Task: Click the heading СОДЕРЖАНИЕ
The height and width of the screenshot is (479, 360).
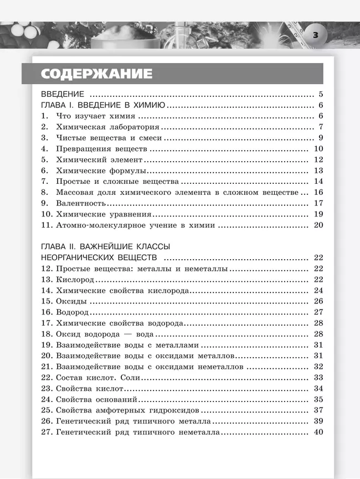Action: pyautogui.click(x=96, y=73)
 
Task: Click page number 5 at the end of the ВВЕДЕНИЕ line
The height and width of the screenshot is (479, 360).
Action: pyautogui.click(x=320, y=94)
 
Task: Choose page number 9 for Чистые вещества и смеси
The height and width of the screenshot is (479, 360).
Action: pyautogui.click(x=320, y=138)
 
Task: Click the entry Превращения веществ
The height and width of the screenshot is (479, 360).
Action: pyautogui.click(x=101, y=149)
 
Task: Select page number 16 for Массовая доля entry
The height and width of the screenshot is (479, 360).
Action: pyautogui.click(x=318, y=192)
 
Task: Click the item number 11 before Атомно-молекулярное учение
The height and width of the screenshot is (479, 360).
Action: pyautogui.click(x=47, y=225)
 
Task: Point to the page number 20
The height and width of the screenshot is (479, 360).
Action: pyautogui.click(x=318, y=225)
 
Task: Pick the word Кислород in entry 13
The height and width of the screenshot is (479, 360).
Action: pyautogui.click(x=75, y=280)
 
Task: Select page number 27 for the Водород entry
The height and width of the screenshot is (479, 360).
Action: pyautogui.click(x=318, y=312)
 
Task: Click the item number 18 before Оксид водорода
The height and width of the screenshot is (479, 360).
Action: pyautogui.click(x=47, y=334)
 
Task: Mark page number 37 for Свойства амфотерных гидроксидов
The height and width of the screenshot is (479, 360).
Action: pyautogui.click(x=318, y=410)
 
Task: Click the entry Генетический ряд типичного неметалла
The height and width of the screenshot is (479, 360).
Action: pyautogui.click(x=138, y=432)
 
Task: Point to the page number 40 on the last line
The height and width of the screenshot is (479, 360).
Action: pyautogui.click(x=318, y=432)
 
